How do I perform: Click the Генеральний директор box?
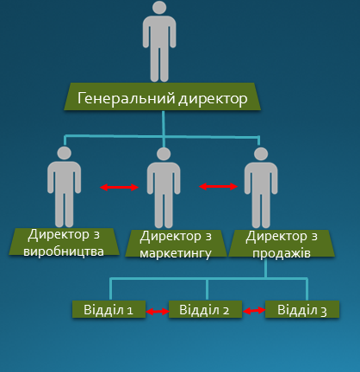pos(162,96)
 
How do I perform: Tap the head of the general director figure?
pos(159,7)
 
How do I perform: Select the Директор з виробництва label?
pos(64,242)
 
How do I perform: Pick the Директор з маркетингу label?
pos(176,244)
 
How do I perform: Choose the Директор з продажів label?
pos(282,244)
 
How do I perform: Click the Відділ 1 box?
pos(109,309)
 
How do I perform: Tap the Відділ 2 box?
pos(205,309)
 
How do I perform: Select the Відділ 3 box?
pos(302,309)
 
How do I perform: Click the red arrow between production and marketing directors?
pos(119,188)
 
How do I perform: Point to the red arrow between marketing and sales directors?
pos(219,187)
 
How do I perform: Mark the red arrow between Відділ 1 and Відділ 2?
pos(158,311)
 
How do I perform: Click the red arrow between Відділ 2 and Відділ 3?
pos(254,310)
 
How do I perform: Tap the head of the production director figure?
pos(64,153)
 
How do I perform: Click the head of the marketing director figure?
pos(164,154)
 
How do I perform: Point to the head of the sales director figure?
pos(261,154)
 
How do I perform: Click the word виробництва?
pos(64,251)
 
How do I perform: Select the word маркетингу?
pos(176,253)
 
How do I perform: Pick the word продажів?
pos(282,253)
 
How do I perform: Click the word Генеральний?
pos(127,98)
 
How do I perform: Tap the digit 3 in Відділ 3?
pos(324,312)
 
